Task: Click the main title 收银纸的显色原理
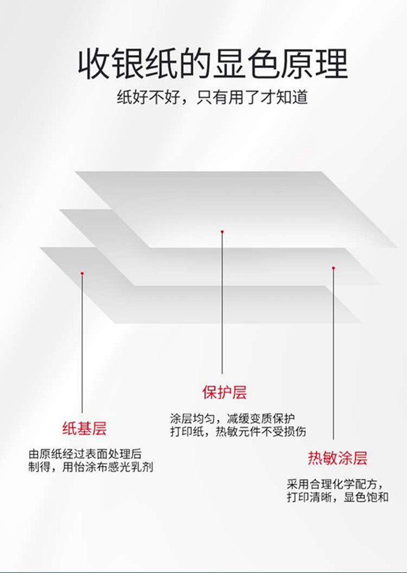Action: click(x=213, y=65)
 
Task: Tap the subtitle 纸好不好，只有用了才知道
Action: click(x=212, y=97)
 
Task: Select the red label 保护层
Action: click(x=224, y=392)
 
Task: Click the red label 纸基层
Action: click(x=85, y=429)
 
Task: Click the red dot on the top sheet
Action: click(x=222, y=231)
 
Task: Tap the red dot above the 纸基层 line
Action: click(x=82, y=272)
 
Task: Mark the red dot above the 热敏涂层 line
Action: click(x=333, y=268)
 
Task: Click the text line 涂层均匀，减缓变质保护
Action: click(x=233, y=418)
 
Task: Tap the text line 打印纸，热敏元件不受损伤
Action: click(x=238, y=432)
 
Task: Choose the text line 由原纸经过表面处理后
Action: click(x=85, y=453)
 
